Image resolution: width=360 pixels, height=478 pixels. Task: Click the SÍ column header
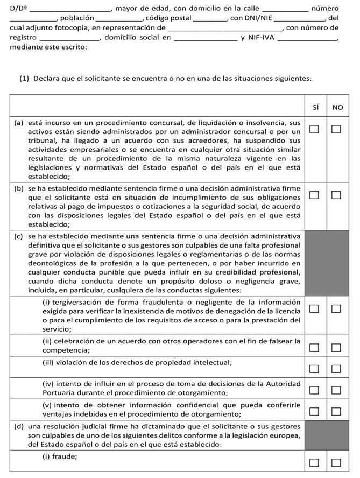[x=315, y=107]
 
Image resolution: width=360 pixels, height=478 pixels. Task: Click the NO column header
[x=337, y=107]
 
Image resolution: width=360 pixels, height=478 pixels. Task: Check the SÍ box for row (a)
[x=314, y=129]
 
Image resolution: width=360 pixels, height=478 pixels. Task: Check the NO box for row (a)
[x=336, y=129]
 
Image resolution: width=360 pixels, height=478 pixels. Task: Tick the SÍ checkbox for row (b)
[x=314, y=195]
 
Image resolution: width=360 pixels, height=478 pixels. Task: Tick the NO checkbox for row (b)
[x=336, y=195]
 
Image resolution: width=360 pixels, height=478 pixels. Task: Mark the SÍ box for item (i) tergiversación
[x=314, y=308]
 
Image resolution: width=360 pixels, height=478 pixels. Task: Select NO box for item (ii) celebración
[x=336, y=347]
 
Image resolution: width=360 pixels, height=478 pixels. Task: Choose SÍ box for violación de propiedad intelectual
[x=314, y=369]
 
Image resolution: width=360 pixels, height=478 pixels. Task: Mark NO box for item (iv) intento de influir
[x=336, y=390]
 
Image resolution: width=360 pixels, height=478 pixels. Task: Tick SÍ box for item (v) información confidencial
[x=314, y=412]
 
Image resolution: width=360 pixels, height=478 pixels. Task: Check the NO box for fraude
[x=336, y=462]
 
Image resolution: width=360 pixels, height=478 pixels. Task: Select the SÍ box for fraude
[x=314, y=462]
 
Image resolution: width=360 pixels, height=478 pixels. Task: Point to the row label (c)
[x=19, y=236]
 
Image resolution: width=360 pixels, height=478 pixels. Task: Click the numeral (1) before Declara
[x=24, y=78]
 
